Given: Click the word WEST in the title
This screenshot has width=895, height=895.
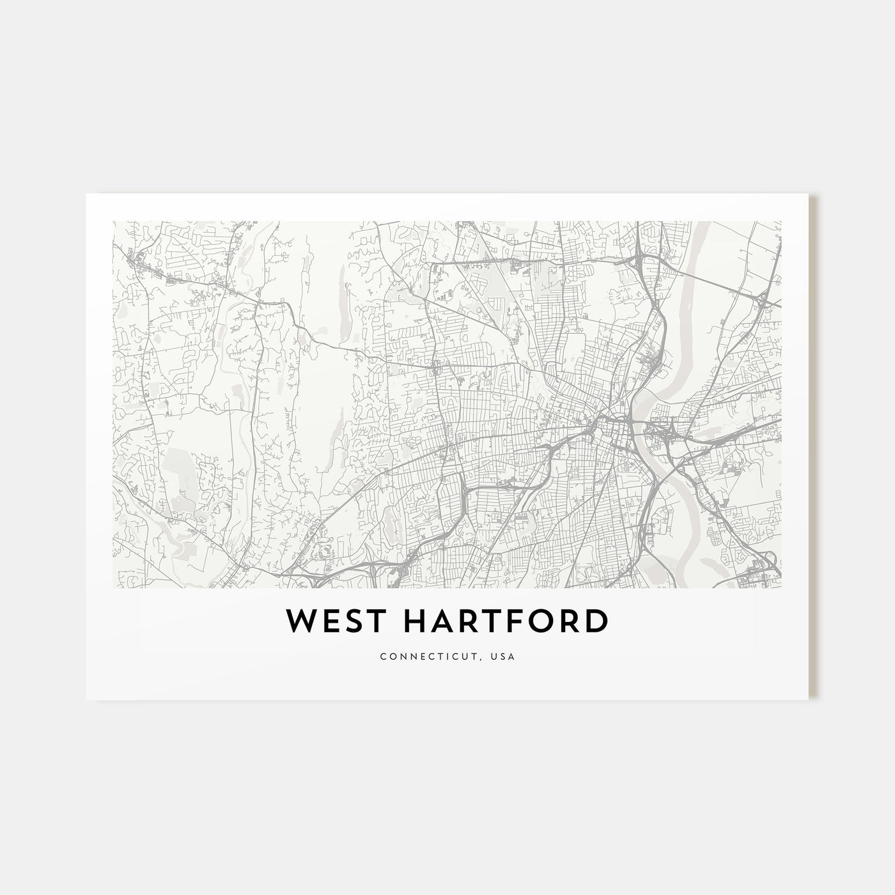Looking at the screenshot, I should [x=328, y=622].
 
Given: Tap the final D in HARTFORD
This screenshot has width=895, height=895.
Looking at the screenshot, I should [x=596, y=622].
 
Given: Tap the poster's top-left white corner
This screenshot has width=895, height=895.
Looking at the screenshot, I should [x=89, y=197].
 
